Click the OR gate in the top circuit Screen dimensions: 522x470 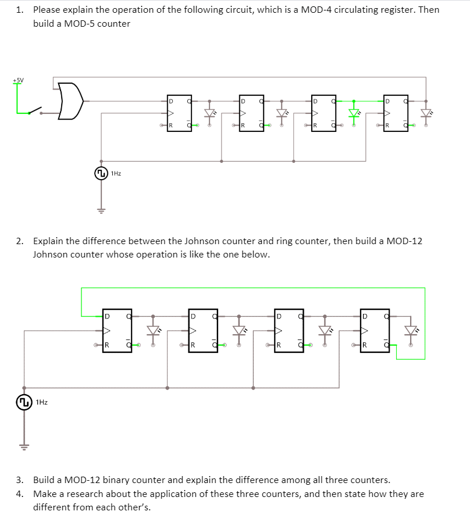click(70, 100)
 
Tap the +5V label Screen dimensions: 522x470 click(19, 80)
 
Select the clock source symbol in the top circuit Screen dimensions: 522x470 click(101, 173)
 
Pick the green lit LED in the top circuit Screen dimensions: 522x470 click(354, 112)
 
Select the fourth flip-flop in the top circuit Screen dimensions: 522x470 click(396, 112)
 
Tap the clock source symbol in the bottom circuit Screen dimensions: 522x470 click(24, 402)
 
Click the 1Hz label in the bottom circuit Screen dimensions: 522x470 click(41, 402)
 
